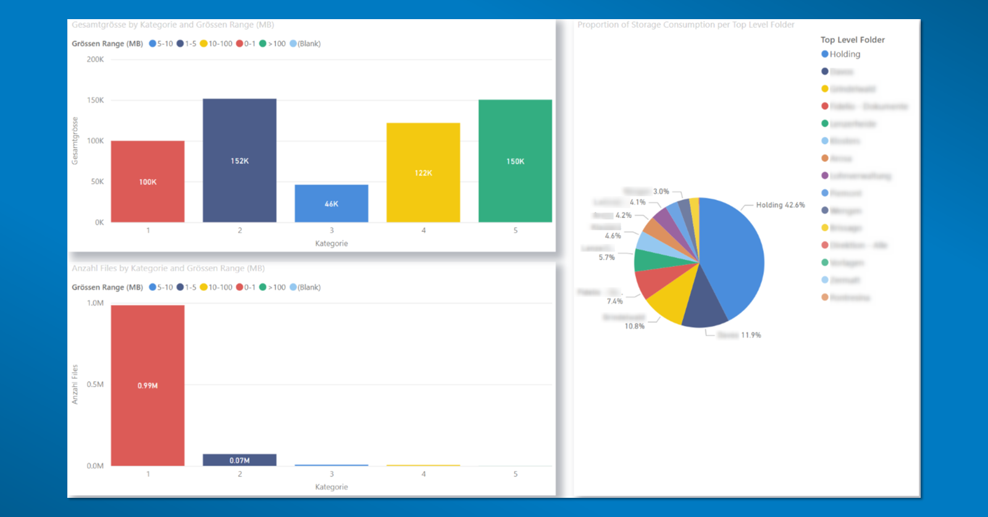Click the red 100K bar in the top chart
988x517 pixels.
click(x=148, y=181)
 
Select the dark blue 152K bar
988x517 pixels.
click(x=240, y=160)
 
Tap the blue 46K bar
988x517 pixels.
click(x=332, y=203)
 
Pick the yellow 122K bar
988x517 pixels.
click(x=423, y=172)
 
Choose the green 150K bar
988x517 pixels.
click(x=515, y=161)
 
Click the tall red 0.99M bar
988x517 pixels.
click(x=148, y=385)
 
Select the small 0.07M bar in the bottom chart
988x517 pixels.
click(x=240, y=460)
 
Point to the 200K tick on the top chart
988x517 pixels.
click(x=95, y=59)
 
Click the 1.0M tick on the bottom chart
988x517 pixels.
click(x=95, y=303)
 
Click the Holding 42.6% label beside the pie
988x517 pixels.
click(x=781, y=205)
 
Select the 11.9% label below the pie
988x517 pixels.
click(x=751, y=335)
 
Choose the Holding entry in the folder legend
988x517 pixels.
click(x=844, y=54)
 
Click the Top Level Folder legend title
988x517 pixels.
click(x=852, y=40)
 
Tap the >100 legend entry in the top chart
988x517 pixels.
click(x=276, y=44)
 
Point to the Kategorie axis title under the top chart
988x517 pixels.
click(x=332, y=243)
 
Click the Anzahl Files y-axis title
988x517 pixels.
click(x=75, y=384)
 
